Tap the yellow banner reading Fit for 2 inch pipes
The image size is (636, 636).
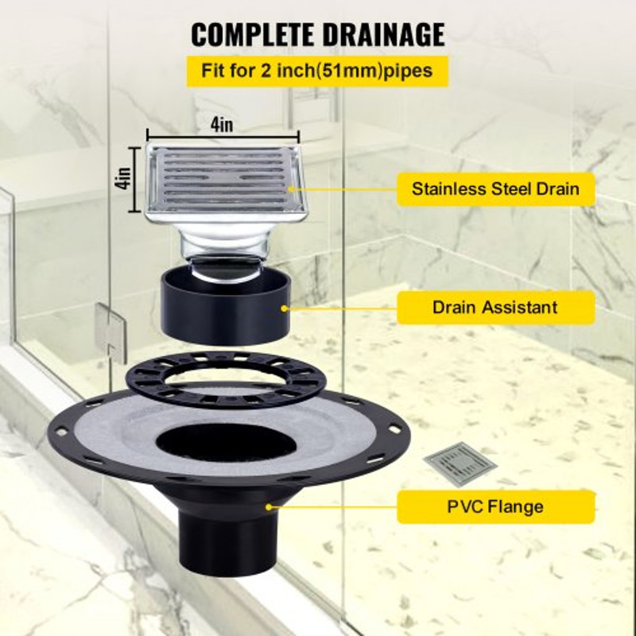point(317,71)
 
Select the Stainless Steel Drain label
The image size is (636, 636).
point(495,189)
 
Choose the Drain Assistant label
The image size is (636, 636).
point(495,307)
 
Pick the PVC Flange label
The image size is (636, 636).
point(495,506)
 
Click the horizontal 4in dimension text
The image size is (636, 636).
point(223,125)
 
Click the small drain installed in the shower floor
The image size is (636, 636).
point(460,463)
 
